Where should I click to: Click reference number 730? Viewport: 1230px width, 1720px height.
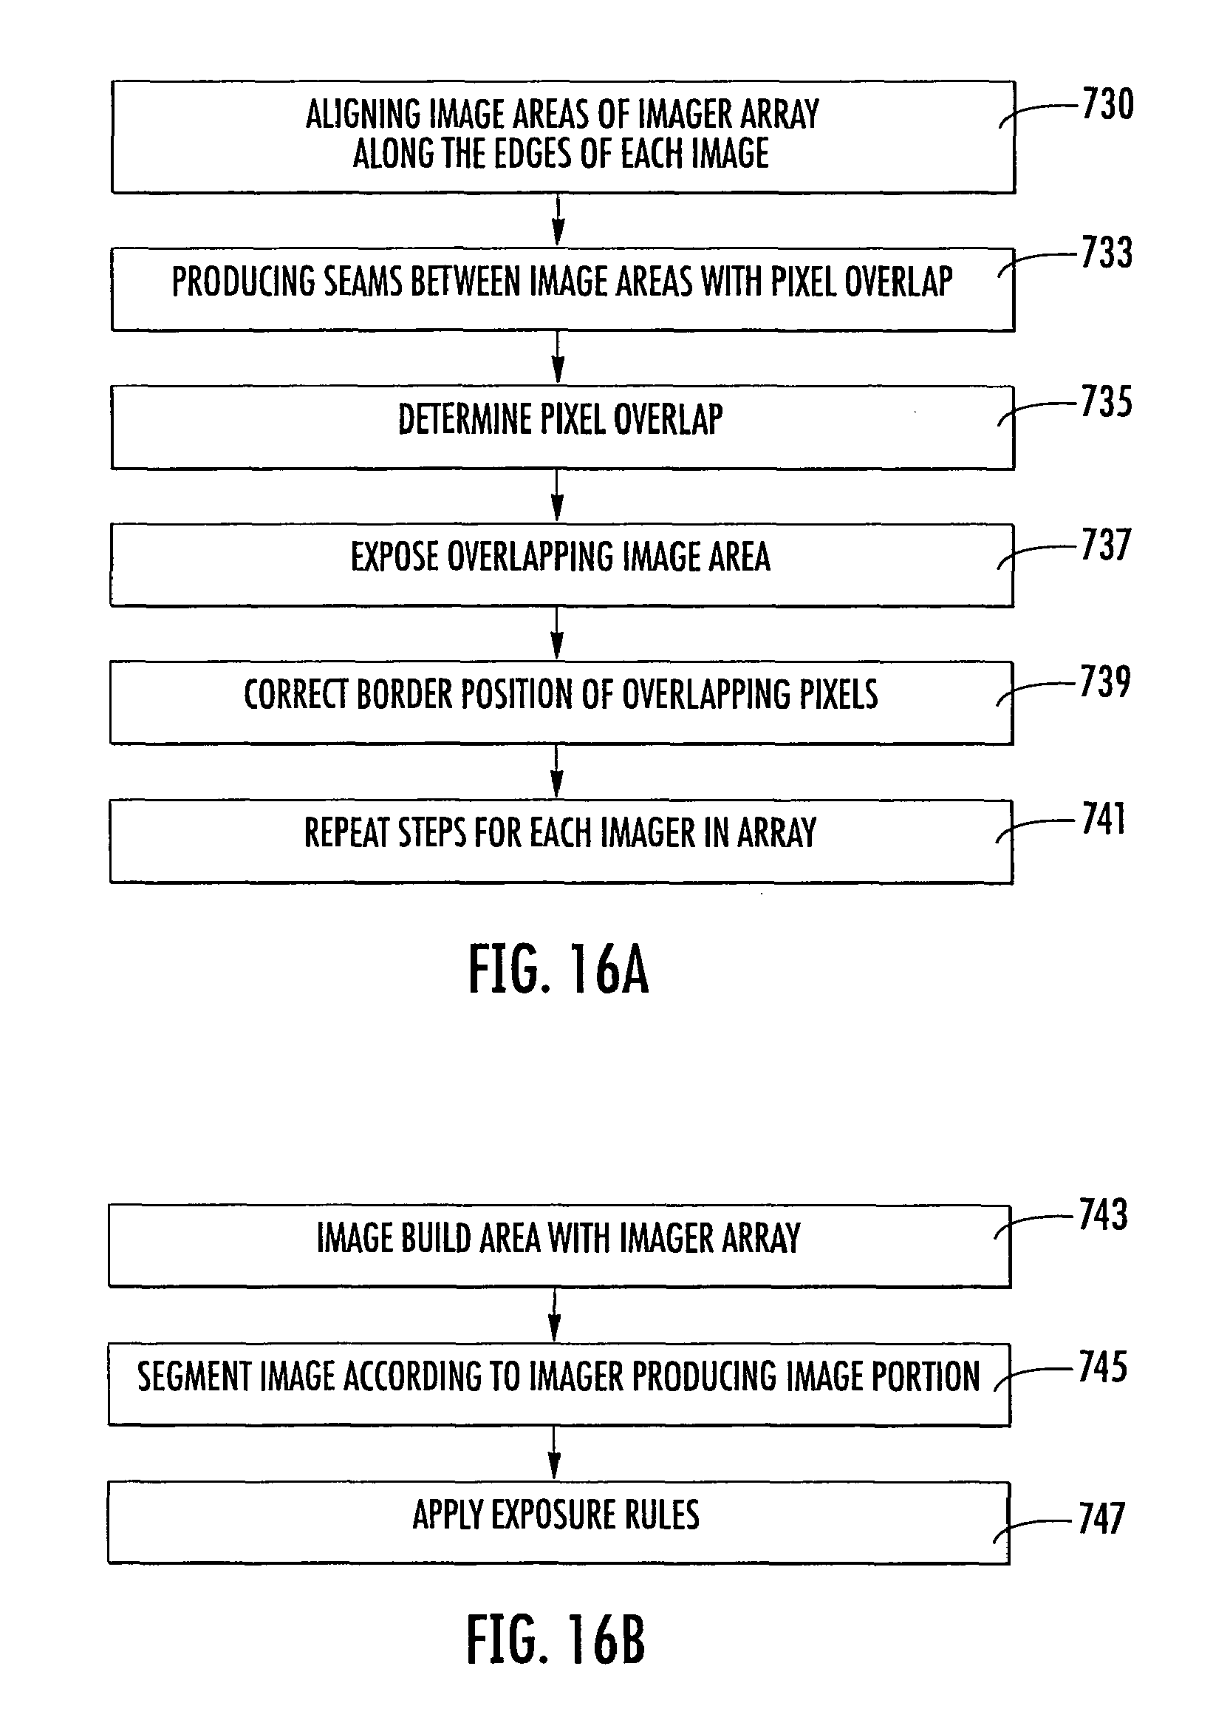coord(1107,104)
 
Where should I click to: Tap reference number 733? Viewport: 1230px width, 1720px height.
coord(1107,253)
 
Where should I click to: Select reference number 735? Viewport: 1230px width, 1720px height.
coord(1106,401)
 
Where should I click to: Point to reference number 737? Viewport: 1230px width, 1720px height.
coord(1105,545)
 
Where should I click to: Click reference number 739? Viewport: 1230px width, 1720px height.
coord(1104,681)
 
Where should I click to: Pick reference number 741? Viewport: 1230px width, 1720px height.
coord(1103,819)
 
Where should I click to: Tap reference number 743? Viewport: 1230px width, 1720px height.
coord(1103,1215)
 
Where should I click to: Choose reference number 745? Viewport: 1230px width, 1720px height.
coord(1103,1367)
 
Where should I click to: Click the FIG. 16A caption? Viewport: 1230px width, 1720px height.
coord(558,971)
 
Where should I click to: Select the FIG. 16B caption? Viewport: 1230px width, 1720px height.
coord(556,1639)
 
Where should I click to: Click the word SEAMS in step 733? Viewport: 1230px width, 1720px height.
coord(365,282)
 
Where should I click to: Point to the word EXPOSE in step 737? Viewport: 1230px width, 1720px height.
coord(394,557)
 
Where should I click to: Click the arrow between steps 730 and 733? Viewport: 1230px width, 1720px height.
coord(558,220)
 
